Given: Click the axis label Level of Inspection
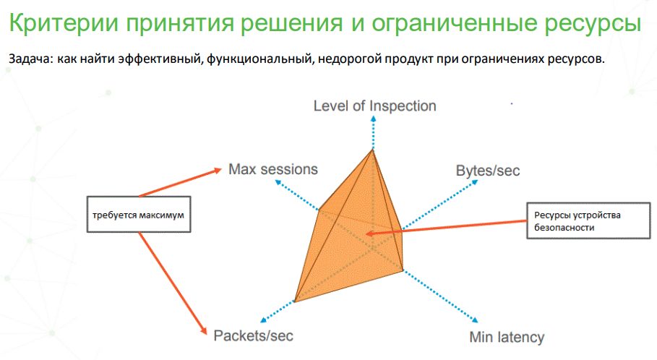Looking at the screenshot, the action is (x=374, y=106).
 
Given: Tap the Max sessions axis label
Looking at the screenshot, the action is (x=272, y=169).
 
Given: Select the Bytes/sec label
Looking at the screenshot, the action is (x=488, y=171).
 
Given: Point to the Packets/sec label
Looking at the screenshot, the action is (x=253, y=335).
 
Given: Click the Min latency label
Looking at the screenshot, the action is (x=507, y=337).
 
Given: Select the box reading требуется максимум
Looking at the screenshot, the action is (x=139, y=214).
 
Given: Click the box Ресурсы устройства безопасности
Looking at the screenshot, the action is (x=588, y=221).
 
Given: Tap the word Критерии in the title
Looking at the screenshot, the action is (x=64, y=22).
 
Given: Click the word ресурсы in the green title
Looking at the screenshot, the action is (x=593, y=24).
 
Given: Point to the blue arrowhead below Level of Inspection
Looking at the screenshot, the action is (x=374, y=119).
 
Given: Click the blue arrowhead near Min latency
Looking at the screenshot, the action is (x=475, y=320).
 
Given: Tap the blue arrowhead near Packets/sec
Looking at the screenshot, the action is (x=264, y=320).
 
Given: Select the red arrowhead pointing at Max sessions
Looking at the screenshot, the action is (x=218, y=170).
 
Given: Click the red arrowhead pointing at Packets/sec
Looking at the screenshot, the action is (x=204, y=330).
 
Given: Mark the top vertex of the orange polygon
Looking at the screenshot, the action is (x=372, y=149).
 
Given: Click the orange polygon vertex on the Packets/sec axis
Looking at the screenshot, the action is (x=295, y=301).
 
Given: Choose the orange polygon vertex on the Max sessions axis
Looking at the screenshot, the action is (x=319, y=210).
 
